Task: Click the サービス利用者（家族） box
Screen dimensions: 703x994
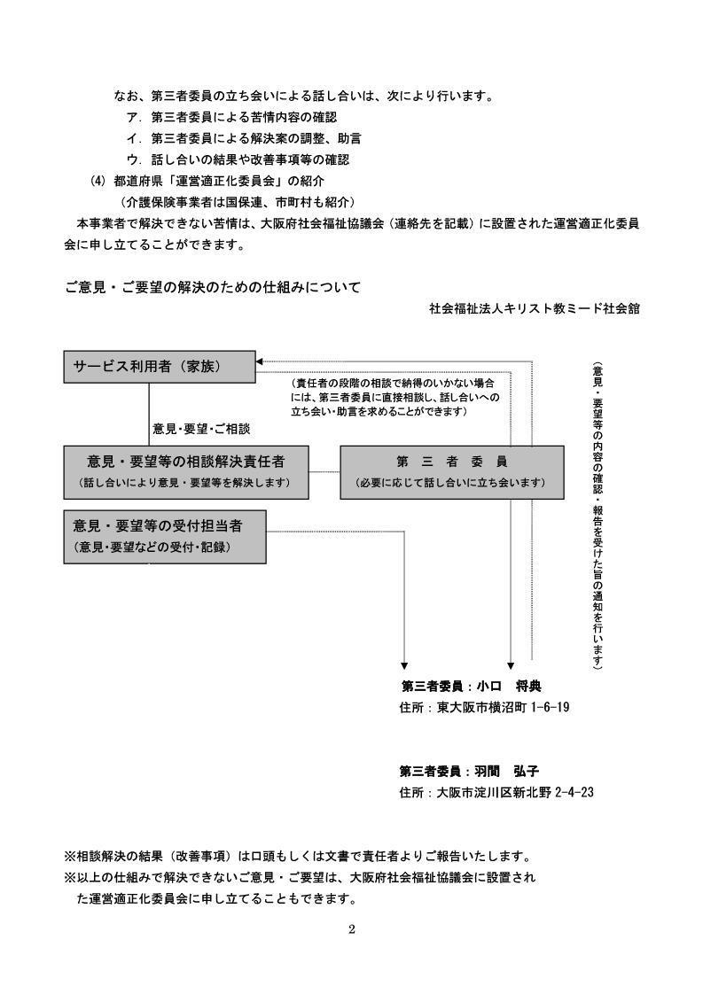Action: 160,367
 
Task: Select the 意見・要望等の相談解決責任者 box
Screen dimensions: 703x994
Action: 186,472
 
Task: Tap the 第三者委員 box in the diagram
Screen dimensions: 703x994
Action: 452,472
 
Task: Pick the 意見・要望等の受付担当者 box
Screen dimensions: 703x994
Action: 165,537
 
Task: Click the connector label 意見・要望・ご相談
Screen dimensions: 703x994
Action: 201,429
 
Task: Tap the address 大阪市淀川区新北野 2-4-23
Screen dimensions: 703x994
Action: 515,792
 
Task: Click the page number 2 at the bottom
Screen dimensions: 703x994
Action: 351,930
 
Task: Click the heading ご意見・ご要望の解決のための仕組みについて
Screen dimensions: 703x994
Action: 213,287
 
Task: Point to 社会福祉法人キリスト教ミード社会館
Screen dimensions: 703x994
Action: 535,308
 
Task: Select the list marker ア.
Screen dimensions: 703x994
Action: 133,117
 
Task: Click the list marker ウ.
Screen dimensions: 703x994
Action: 133,159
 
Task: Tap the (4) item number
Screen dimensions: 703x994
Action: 98,181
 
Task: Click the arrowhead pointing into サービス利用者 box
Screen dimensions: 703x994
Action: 259,362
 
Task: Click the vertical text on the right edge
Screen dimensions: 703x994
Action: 598,516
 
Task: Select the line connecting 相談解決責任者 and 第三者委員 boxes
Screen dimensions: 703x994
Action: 324,472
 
